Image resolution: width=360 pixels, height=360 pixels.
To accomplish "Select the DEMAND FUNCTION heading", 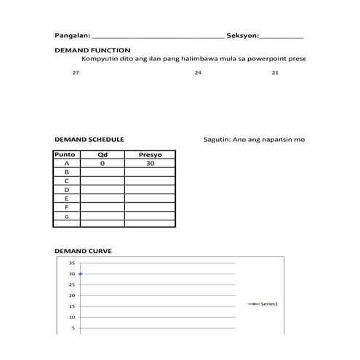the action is [x=92, y=50].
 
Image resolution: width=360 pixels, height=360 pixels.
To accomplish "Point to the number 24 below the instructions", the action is [x=198, y=73].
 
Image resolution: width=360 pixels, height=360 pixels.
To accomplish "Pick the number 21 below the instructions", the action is [x=275, y=73].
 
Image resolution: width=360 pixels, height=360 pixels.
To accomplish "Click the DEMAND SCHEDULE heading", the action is [x=89, y=138].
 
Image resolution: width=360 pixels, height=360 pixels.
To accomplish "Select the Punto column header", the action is [x=66, y=155].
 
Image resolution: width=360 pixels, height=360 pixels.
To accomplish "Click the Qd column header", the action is [x=103, y=155].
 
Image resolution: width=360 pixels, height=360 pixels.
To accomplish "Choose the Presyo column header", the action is [x=150, y=155].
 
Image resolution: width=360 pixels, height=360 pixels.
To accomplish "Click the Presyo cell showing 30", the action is [x=150, y=164].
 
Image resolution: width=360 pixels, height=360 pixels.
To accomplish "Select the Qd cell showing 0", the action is [x=103, y=164].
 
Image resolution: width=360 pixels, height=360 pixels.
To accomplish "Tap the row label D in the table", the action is [x=67, y=189].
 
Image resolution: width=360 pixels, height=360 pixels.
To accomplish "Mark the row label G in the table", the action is [x=67, y=216].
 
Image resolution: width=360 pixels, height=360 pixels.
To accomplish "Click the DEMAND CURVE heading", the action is [x=84, y=250].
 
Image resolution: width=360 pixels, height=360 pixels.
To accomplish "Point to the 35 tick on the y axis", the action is [x=71, y=263].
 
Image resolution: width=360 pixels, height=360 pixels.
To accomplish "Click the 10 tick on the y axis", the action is [x=71, y=317].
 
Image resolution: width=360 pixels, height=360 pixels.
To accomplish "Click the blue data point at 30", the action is [x=80, y=274].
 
